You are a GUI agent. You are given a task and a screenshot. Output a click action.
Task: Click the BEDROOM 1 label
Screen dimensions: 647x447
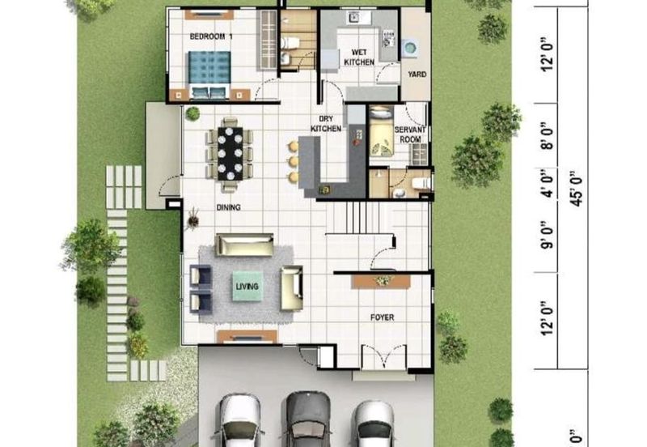(x=211, y=36)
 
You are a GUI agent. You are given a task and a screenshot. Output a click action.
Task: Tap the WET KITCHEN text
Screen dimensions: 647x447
(x=359, y=57)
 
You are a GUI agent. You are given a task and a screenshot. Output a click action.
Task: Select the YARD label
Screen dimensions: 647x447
(x=417, y=74)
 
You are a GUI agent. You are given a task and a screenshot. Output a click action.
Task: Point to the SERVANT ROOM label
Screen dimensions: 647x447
(x=410, y=134)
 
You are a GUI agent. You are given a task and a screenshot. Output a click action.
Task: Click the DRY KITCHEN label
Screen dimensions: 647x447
(x=326, y=124)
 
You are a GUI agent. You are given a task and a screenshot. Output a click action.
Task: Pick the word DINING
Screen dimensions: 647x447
(x=229, y=207)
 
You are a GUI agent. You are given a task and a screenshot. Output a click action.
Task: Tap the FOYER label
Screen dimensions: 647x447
(x=382, y=317)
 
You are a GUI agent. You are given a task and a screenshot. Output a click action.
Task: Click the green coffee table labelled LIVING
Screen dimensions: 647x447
(x=247, y=286)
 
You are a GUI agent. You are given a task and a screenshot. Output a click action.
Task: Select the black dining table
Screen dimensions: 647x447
(x=230, y=153)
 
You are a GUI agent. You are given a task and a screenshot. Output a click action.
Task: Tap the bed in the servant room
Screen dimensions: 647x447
(x=381, y=131)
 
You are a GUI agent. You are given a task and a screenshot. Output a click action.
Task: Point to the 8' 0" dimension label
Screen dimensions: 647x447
(x=548, y=134)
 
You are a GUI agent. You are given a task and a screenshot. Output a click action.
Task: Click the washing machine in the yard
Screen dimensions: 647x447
(x=410, y=48)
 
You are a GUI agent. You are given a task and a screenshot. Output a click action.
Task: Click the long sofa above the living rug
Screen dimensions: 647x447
(x=244, y=245)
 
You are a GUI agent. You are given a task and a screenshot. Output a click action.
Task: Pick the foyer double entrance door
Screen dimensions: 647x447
(x=383, y=356)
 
